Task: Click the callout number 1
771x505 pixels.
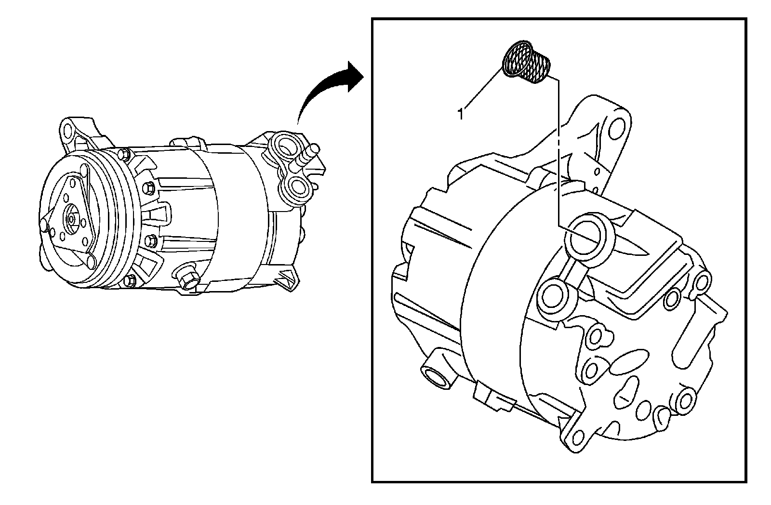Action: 461,115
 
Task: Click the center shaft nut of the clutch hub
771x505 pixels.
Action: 72,218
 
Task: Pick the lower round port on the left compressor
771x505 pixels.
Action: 295,188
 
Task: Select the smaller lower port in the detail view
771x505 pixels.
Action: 552,297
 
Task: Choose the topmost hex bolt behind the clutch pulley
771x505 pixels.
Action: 125,154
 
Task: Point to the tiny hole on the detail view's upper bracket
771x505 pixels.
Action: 598,172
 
